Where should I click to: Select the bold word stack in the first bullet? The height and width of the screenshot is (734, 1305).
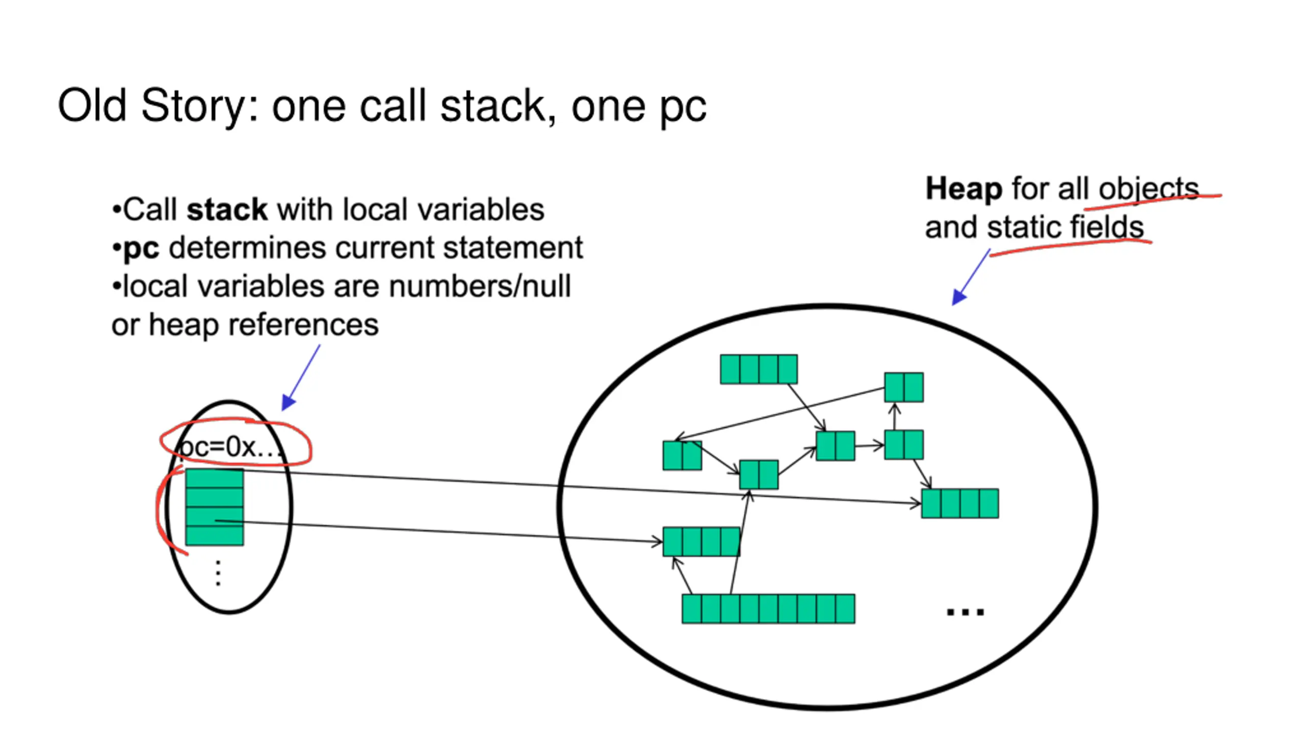pos(227,209)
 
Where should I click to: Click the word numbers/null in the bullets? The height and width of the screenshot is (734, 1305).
pos(480,286)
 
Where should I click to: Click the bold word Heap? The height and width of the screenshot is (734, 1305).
pos(963,190)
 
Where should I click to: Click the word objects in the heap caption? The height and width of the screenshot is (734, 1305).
pos(1149,190)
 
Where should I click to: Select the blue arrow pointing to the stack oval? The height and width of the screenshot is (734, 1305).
pos(301,378)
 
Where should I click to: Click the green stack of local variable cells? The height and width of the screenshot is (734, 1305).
pos(215,507)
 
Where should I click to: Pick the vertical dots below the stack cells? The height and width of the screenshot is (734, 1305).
pos(218,573)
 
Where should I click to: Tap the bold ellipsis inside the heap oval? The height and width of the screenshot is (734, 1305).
pos(965,611)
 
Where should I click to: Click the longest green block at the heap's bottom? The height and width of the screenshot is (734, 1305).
pos(768,609)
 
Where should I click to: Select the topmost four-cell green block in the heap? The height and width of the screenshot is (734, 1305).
pos(759,369)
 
